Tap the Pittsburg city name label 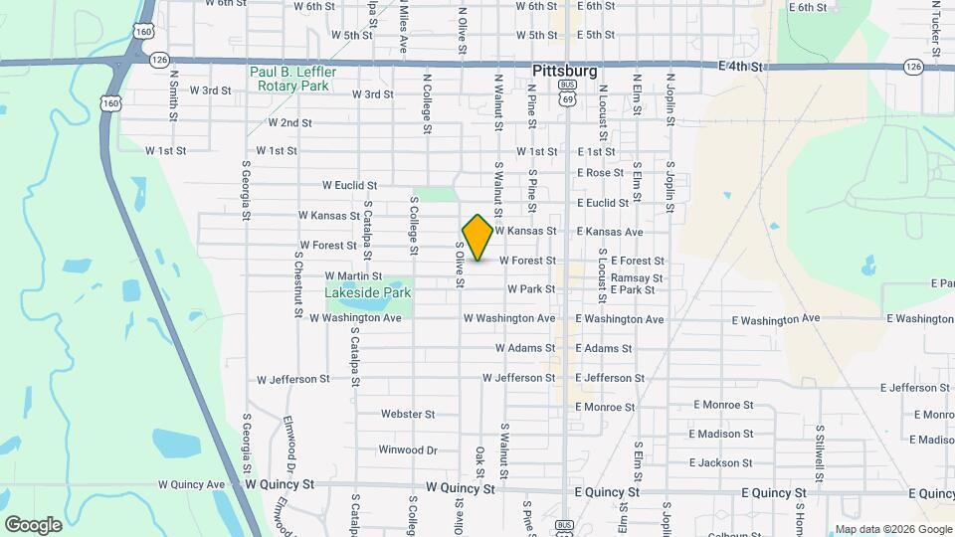pos(565,72)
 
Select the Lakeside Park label pos(367,293)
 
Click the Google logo pos(33,524)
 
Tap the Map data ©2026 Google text pos(892,529)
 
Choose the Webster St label pos(409,414)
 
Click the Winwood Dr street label pos(408,449)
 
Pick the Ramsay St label pos(637,278)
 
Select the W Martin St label pos(353,275)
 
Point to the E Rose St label pos(601,173)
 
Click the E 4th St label pos(744,67)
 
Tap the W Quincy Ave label pos(192,484)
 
